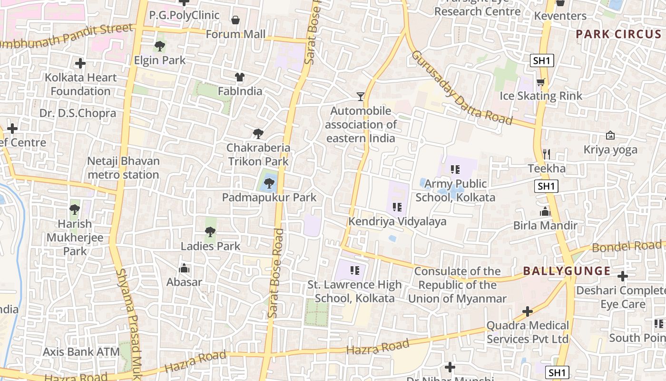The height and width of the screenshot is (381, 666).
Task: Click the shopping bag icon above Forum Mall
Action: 235,20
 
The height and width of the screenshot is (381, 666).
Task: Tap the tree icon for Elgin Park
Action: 160,46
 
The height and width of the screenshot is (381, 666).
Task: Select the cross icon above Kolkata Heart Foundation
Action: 80,63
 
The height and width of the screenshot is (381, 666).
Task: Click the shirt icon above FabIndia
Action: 239,77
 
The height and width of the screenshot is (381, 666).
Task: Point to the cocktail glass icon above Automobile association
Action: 361,97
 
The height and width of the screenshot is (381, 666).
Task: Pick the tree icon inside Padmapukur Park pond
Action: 269,183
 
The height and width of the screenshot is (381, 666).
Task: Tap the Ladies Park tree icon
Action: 210,232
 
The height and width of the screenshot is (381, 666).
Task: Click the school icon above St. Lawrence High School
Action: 354,271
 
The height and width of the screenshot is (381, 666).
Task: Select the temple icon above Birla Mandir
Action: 545,211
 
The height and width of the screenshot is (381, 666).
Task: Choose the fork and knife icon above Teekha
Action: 547,154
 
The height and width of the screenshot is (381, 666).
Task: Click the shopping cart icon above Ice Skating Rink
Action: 540,82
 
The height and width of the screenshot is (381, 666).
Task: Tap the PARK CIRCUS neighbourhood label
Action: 618,34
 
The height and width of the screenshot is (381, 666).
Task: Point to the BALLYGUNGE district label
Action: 567,271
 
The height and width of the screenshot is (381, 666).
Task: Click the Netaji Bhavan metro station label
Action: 123,168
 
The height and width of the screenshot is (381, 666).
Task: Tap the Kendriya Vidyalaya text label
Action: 397,221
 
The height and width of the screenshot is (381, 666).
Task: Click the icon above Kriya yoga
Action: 610,136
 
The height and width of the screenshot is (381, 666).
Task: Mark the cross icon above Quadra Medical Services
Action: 527,311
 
